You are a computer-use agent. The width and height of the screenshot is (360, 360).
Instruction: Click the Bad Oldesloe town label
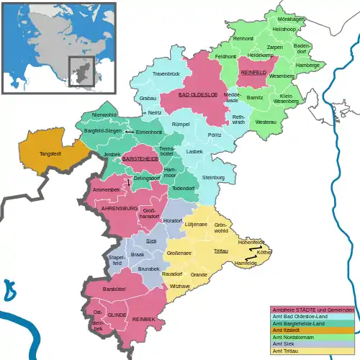[x=197, y=95]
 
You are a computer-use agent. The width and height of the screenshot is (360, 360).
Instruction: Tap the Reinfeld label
[x=254, y=73]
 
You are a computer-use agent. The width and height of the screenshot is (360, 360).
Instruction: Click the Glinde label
[x=117, y=315]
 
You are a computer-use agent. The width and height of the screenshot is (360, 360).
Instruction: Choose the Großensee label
[x=179, y=253]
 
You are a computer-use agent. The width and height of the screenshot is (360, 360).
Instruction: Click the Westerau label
[x=266, y=122]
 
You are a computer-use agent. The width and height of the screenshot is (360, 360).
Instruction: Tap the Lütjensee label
[x=196, y=225]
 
